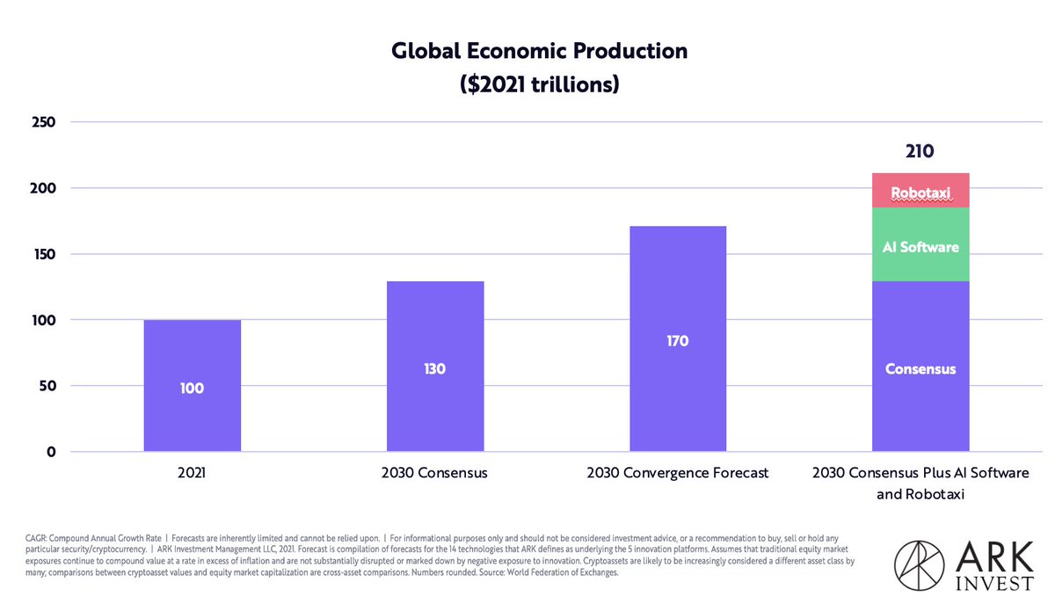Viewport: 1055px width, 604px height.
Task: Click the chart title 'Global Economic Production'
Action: [x=539, y=51]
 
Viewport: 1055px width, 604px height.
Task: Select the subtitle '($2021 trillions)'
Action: [x=539, y=84]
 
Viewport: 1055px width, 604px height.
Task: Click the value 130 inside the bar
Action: [x=434, y=368]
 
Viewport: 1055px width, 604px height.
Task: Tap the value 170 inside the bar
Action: [x=677, y=341]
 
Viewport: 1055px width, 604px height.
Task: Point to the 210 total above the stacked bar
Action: [x=920, y=151]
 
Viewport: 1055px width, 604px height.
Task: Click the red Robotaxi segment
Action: [x=920, y=192]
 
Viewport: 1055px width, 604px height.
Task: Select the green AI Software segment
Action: [x=920, y=246]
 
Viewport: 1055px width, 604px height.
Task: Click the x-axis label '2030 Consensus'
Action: [x=434, y=473]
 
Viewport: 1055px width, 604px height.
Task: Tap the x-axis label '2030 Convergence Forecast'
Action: [x=677, y=473]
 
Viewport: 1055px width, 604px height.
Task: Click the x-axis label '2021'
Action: [x=192, y=473]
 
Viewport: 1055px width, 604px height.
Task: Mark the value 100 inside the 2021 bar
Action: [x=192, y=388]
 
